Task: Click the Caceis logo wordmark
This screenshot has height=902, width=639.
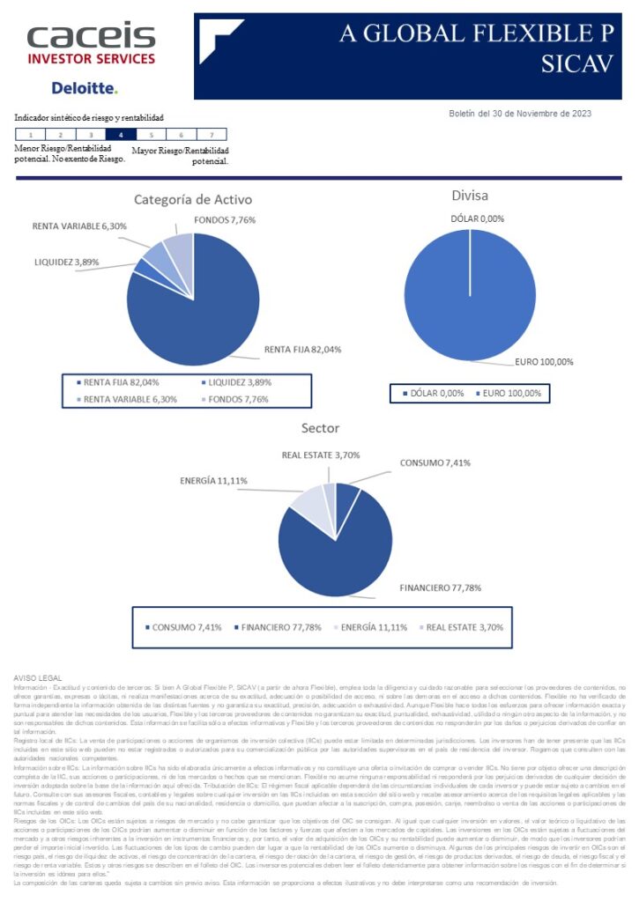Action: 91,36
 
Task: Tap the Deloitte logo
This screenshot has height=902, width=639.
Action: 84,88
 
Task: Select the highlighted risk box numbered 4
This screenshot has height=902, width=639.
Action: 121,135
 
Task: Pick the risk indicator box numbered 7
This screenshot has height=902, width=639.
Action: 212,135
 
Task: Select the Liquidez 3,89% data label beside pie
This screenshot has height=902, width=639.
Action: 66,262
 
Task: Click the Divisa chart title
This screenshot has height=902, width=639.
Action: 469,195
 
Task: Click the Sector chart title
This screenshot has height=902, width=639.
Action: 320,428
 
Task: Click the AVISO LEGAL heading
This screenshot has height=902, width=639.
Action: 36,676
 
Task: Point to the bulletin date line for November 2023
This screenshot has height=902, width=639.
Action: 520,113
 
